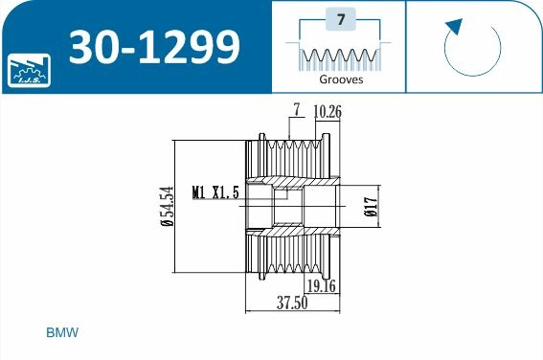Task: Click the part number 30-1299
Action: (x=154, y=45)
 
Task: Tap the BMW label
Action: (x=61, y=333)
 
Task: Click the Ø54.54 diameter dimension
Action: (x=167, y=206)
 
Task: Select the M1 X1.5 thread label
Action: (x=215, y=191)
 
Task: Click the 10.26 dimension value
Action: (x=328, y=112)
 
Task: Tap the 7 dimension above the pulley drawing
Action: (x=298, y=112)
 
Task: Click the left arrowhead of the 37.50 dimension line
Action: (x=250, y=311)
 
